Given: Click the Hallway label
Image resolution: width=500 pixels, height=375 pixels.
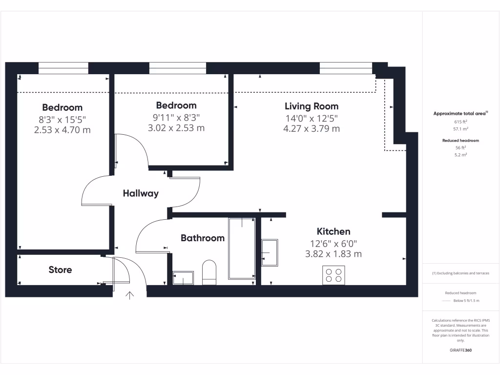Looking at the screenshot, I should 141,193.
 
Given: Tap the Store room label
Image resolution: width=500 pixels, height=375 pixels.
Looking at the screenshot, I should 60,270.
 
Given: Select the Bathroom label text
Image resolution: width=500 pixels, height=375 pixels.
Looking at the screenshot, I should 203,238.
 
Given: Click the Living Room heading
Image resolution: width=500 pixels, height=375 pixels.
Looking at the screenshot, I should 312,106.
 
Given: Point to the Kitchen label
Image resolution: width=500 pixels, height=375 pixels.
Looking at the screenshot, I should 333,231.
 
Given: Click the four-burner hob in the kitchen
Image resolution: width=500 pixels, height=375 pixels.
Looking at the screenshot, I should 333,275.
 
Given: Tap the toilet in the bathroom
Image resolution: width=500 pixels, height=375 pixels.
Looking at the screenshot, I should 209,272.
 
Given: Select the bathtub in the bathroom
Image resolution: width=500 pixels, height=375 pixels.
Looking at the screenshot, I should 242,248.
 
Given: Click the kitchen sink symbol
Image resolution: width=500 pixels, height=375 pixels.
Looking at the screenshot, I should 270,253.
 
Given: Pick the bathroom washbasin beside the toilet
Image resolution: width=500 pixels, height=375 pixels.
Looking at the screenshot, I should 183,278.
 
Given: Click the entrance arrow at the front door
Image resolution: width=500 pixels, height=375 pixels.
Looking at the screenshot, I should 130,295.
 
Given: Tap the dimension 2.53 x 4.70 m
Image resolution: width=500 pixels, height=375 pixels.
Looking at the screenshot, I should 62,130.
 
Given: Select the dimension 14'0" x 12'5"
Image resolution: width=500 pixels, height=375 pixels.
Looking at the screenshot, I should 312,118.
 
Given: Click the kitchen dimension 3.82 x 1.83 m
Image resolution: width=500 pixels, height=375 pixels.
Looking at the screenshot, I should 333,254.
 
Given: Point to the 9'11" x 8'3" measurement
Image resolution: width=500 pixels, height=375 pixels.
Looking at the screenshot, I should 176,117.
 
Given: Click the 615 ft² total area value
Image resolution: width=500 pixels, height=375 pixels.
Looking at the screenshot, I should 461,122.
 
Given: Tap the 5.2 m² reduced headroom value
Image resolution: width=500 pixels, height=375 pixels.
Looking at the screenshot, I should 461,154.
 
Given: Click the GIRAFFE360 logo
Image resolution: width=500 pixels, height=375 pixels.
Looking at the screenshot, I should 461,350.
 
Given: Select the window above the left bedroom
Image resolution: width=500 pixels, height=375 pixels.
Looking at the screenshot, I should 63,68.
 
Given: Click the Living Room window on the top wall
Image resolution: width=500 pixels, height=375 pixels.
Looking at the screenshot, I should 346,68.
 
